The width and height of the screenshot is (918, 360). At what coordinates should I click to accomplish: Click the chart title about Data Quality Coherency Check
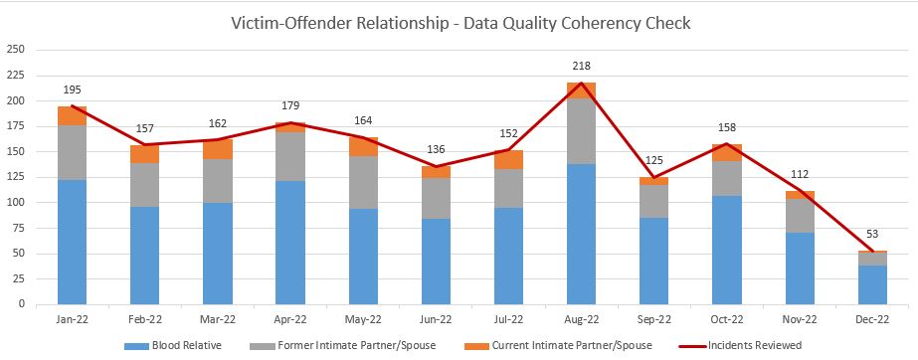click(459, 21)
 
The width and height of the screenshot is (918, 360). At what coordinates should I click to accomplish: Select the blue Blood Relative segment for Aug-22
click(581, 234)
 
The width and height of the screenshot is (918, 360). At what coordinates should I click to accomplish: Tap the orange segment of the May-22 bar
click(363, 146)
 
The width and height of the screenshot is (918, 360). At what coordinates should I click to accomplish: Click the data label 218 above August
click(581, 67)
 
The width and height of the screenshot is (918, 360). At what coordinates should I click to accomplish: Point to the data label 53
click(872, 235)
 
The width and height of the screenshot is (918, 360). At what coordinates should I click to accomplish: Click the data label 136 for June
click(436, 150)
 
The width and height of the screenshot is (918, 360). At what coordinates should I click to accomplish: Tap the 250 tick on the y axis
click(17, 50)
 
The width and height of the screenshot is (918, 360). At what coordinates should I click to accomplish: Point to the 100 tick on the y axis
click(17, 202)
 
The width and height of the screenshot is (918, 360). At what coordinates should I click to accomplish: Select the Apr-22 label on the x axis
click(290, 319)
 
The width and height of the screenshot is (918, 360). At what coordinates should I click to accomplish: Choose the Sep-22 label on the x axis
click(653, 319)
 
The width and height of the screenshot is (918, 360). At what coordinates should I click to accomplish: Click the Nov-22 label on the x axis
click(799, 319)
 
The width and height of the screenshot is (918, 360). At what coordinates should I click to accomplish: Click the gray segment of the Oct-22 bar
click(726, 178)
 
